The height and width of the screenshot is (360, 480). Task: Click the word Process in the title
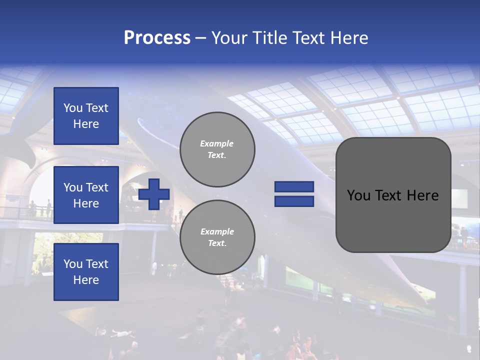pyautogui.click(x=157, y=38)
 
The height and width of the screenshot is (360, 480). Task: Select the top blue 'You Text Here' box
pyautogui.click(x=86, y=116)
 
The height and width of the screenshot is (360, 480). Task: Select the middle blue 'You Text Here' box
pyautogui.click(x=86, y=195)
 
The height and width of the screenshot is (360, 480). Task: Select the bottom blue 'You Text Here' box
pyautogui.click(x=86, y=271)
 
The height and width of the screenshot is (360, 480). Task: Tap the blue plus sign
pyautogui.click(x=153, y=194)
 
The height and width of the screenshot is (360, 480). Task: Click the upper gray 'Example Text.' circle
pyautogui.click(x=217, y=149)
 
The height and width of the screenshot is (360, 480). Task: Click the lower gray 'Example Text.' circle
pyautogui.click(x=217, y=237)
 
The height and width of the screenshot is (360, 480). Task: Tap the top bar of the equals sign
pyautogui.click(x=294, y=187)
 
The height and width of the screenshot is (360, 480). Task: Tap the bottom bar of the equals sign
pyautogui.click(x=294, y=201)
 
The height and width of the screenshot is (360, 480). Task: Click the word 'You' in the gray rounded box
pyautogui.click(x=358, y=195)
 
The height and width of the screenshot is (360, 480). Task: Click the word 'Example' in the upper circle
pyautogui.click(x=216, y=143)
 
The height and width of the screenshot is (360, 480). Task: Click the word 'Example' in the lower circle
pyautogui.click(x=216, y=231)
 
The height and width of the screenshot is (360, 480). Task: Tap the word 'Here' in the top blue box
pyautogui.click(x=86, y=124)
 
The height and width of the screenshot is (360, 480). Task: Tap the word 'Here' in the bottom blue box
pyautogui.click(x=86, y=280)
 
